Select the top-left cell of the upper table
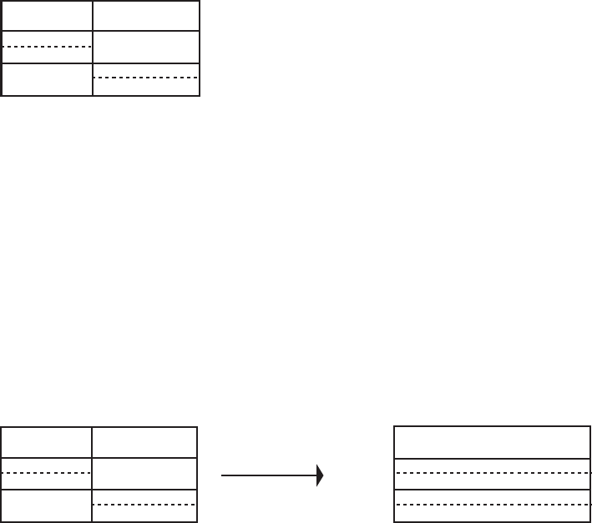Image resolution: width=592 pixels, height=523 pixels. [x=47, y=16]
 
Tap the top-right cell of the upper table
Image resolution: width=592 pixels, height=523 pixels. [x=146, y=16]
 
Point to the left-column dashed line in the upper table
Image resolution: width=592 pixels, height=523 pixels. [x=47, y=47]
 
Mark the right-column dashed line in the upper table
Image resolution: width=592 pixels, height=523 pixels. [x=146, y=78]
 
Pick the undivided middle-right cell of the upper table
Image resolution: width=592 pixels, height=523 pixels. [x=146, y=47]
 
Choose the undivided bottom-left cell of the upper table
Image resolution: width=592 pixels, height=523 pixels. [x=47, y=78]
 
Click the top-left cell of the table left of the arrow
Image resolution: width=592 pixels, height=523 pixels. [x=47, y=442]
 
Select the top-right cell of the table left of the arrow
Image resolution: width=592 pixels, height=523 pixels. [x=144, y=442]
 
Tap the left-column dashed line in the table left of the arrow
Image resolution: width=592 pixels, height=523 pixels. [x=47, y=474]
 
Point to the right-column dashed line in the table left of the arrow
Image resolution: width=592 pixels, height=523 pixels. [x=144, y=505]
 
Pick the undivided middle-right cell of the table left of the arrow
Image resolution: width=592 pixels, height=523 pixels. [x=144, y=474]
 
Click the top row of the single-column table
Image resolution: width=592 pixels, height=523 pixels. [x=492, y=442]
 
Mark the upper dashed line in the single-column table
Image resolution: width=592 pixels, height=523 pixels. [x=492, y=473]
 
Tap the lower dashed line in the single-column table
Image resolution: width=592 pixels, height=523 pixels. [x=492, y=505]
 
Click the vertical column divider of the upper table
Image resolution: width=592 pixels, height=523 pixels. [x=92, y=48]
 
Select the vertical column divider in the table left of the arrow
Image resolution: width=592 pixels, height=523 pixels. [x=92, y=474]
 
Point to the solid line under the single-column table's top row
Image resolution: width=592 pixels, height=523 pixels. [x=492, y=458]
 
